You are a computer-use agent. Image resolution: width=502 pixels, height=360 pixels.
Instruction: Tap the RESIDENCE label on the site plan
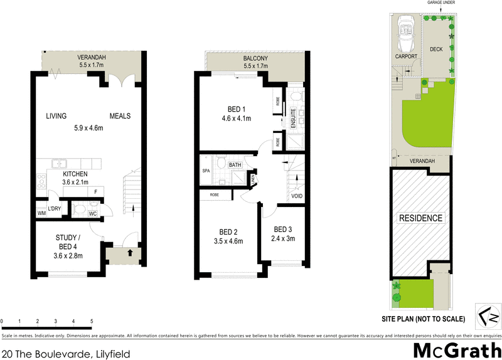420,218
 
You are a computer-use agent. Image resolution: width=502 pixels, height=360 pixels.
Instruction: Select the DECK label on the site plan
436,49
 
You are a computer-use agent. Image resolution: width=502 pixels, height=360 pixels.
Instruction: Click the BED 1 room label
236,108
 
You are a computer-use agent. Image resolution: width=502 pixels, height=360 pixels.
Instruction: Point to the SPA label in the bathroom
205,171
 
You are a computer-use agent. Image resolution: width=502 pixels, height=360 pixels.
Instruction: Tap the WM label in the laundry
42,214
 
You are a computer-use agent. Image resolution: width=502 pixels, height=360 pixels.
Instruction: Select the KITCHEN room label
75,174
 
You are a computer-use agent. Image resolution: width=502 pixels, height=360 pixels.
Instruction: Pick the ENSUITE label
293,119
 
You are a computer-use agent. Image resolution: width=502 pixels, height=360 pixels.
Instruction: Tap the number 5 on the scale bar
92,321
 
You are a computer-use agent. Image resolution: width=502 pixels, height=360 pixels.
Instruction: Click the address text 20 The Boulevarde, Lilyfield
66,354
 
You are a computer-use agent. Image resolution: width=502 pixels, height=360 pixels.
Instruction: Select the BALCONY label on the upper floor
255,60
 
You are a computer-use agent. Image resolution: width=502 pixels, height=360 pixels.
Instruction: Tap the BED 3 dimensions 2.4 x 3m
283,238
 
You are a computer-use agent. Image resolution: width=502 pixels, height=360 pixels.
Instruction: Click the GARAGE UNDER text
441,3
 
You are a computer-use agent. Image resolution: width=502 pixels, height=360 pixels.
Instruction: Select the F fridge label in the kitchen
95,192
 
